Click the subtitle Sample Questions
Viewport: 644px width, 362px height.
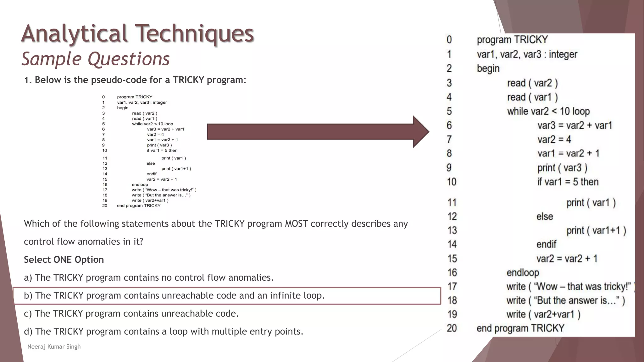coord(96,59)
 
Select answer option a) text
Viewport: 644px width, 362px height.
coord(148,277)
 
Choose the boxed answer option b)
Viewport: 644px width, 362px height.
coord(174,296)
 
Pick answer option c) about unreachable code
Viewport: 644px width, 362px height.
coord(131,314)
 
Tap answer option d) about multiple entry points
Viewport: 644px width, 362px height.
coord(163,332)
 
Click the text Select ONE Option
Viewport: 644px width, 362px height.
coord(64,260)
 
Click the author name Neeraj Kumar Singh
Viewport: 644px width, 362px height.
coord(54,347)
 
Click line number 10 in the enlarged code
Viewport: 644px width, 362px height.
coord(452,182)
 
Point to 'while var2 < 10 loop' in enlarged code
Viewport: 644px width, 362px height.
coord(548,111)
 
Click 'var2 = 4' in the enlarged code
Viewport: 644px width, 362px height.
coord(554,139)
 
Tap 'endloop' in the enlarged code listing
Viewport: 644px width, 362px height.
coord(523,272)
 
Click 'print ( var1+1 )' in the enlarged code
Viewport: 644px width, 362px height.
coord(596,230)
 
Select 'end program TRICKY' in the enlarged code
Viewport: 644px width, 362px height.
coord(520,328)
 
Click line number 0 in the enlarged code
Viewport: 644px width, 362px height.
coord(449,40)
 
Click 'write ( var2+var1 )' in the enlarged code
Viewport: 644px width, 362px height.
coord(543,314)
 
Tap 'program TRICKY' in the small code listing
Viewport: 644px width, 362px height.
coord(135,97)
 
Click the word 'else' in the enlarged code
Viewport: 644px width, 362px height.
coord(544,217)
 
